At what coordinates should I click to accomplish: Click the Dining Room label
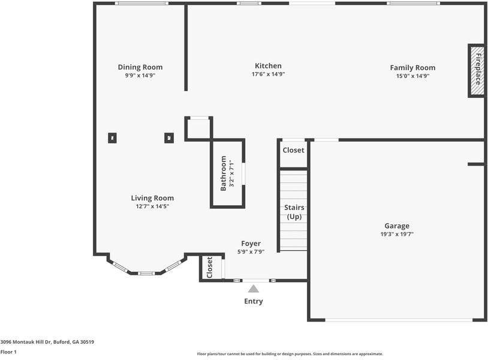coord(140,67)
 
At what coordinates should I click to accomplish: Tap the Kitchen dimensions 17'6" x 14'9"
coord(268,75)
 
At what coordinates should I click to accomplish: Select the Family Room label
coord(412,68)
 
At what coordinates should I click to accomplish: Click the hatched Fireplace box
coord(477,70)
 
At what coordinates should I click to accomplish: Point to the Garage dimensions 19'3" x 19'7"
coord(397,235)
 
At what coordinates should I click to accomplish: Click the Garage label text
coord(397,226)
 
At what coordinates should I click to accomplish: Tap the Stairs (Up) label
coord(294,212)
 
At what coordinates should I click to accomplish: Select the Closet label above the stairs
coord(293,151)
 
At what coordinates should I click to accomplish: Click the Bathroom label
coord(224,173)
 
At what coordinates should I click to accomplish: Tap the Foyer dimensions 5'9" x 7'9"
coord(251,252)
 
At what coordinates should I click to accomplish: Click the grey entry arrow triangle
coord(254,289)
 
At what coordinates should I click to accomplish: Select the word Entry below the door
coord(254,301)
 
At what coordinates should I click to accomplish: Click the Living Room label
coord(152,198)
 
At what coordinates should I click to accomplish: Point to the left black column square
coord(112,138)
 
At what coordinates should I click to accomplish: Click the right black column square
coord(169,138)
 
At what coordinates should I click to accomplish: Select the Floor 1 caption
coord(8,352)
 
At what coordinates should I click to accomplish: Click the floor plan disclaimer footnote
coord(290,354)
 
